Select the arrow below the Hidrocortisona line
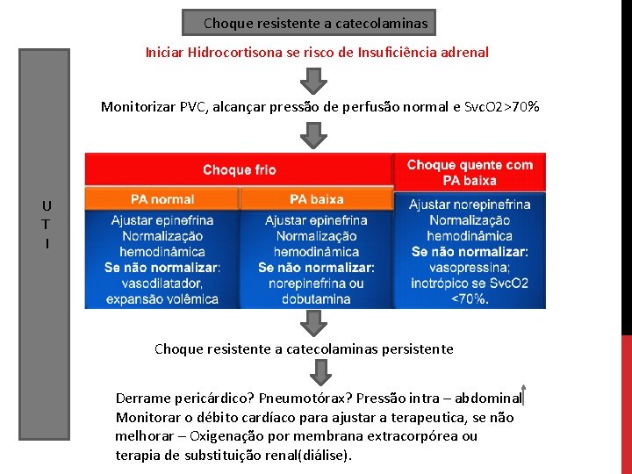313,81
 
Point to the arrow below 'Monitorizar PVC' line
313,134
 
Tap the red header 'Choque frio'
239,169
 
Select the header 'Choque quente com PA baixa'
470,172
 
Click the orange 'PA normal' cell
162,199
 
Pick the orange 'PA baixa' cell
316,199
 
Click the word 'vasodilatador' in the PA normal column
163,284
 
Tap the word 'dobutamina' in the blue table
316,299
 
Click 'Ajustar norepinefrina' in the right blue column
470,205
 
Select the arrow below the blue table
313,323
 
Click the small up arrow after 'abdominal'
524,396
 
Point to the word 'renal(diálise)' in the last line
306,455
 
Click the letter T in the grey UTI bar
46,225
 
